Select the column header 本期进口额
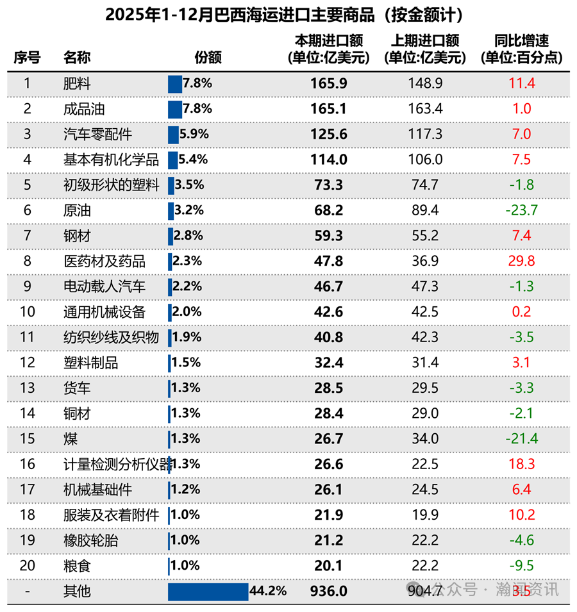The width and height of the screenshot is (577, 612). pyautogui.click(x=329, y=41)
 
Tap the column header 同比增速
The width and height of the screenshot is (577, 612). pyautogui.click(x=521, y=41)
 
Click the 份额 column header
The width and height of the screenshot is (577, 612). pyautogui.click(x=208, y=57)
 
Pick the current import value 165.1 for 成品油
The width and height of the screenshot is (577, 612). pyautogui.click(x=329, y=109)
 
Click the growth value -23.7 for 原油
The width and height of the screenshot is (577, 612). pyautogui.click(x=521, y=210)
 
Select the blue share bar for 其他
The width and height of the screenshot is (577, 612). pyautogui.click(x=208, y=591)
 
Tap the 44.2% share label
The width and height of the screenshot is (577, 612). pyautogui.click(x=268, y=591)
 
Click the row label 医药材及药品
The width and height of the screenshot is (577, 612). pyautogui.click(x=105, y=261)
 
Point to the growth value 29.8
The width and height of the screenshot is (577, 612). pyautogui.click(x=521, y=261)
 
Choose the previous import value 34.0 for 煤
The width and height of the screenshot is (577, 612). pyautogui.click(x=425, y=439)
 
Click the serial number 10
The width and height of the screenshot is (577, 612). pyautogui.click(x=27, y=312)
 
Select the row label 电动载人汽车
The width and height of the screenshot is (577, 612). pyautogui.click(x=105, y=286)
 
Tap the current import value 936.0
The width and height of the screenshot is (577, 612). pyautogui.click(x=329, y=591)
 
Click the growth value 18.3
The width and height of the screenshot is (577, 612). pyautogui.click(x=521, y=465)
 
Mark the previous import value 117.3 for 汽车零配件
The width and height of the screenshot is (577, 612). pyautogui.click(x=425, y=135)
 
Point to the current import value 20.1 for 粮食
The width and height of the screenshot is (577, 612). pyautogui.click(x=329, y=566)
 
